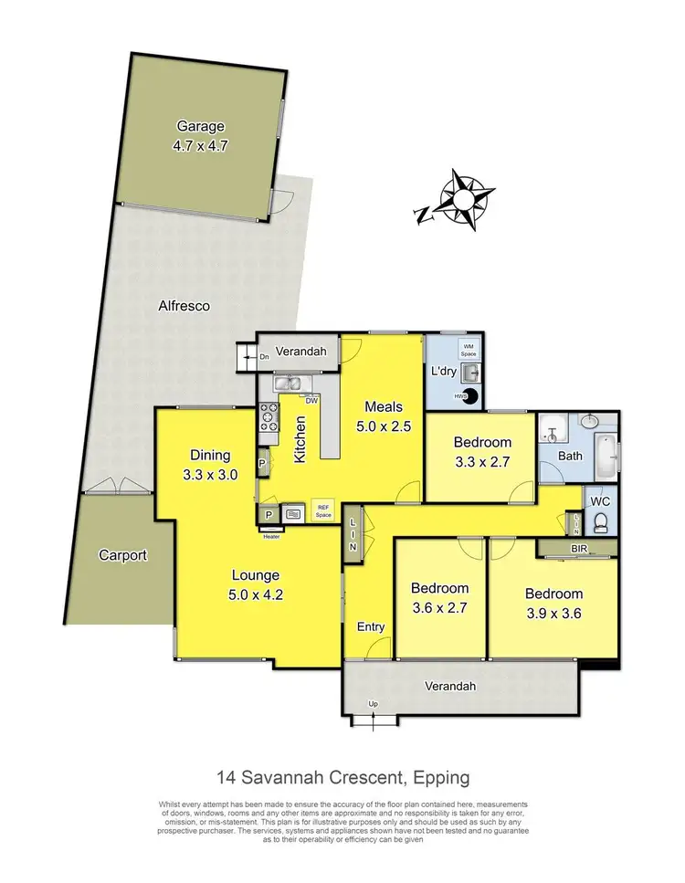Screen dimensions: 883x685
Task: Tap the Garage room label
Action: [201, 127]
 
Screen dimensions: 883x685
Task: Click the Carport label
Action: [122, 554]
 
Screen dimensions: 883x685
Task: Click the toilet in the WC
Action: [600, 522]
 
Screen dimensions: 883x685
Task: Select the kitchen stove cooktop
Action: [269, 417]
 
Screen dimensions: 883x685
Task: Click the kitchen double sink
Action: [291, 384]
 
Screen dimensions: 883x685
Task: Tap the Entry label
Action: [371, 626]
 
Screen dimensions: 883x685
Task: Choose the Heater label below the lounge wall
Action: [272, 537]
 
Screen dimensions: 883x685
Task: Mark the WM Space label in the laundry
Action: [468, 350]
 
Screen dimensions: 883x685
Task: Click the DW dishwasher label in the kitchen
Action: [311, 400]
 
